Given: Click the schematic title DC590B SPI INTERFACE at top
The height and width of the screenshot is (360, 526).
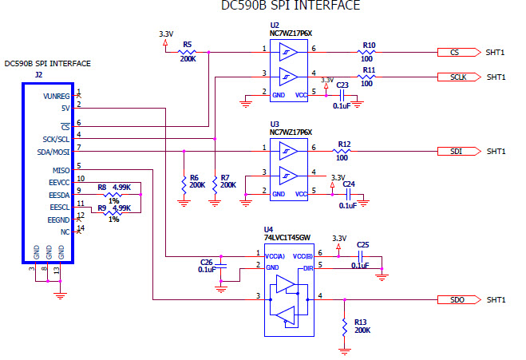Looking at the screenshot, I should pyautogui.click(x=290, y=6).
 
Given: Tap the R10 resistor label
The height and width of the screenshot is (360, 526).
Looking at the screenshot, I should pyautogui.click(x=369, y=45).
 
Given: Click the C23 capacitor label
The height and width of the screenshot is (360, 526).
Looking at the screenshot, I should pyautogui.click(x=342, y=84).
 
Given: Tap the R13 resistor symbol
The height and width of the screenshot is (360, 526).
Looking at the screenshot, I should pyautogui.click(x=344, y=326).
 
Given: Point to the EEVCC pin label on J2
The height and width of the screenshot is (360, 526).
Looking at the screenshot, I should pyautogui.click(x=57, y=183).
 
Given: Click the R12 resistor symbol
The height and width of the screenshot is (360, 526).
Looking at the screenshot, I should pyautogui.click(x=343, y=151).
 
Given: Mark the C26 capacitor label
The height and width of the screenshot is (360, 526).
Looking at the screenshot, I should pyautogui.click(x=206, y=262).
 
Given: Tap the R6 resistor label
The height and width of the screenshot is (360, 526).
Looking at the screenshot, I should pyautogui.click(x=194, y=178).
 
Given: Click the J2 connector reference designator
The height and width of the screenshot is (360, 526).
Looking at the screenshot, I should pyautogui.click(x=38, y=74).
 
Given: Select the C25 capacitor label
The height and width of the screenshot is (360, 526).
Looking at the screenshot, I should pyautogui.click(x=363, y=244).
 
